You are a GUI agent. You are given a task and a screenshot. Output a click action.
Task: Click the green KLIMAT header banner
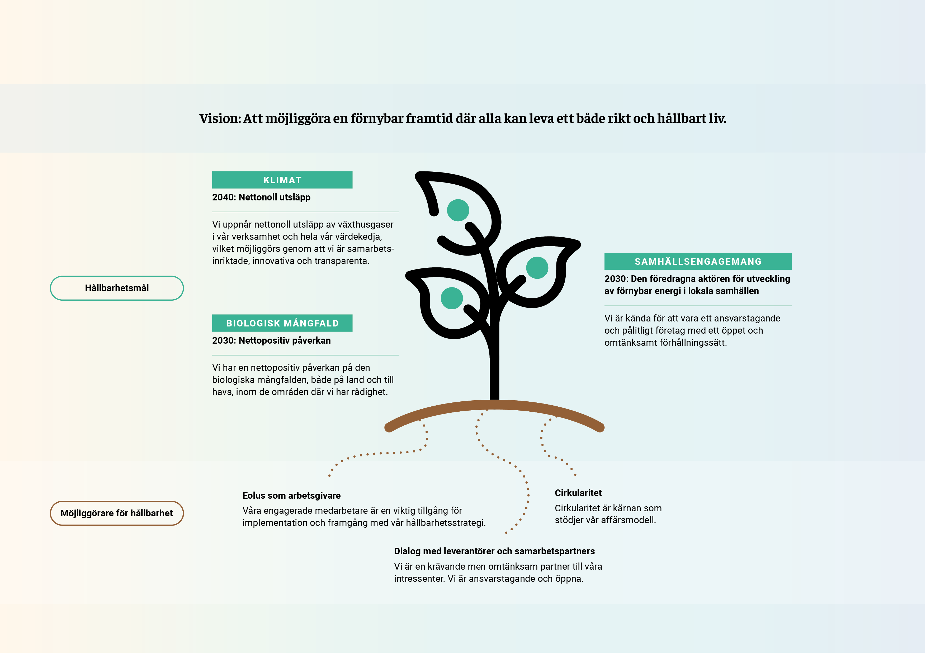click(282, 180)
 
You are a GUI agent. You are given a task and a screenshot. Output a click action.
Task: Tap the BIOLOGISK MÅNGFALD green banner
click(282, 323)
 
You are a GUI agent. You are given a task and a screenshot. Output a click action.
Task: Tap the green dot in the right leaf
click(537, 268)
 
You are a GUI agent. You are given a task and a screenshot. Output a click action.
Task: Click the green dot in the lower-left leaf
click(452, 298)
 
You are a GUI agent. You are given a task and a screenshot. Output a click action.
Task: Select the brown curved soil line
click(494, 405)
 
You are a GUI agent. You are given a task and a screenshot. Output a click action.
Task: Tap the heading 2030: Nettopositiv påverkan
click(271, 340)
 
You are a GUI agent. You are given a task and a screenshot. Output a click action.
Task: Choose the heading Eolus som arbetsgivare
click(292, 496)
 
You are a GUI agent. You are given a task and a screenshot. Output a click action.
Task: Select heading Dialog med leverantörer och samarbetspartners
click(494, 551)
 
